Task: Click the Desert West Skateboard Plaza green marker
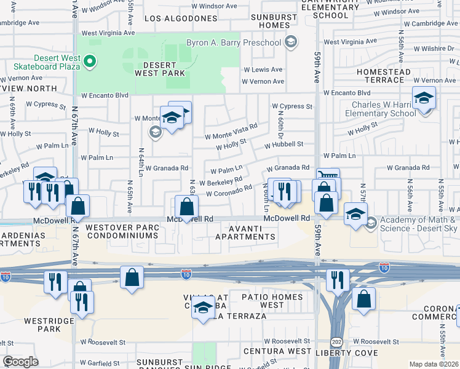(90, 60)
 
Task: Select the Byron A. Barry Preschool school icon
(291, 42)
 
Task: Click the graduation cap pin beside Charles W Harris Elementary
(424, 98)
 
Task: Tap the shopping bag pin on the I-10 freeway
(132, 277)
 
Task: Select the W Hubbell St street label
(284, 145)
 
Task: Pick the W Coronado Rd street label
(229, 192)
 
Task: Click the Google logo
(20, 362)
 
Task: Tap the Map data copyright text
(434, 364)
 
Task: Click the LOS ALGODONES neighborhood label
(181, 18)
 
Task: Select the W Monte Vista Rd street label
(231, 131)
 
